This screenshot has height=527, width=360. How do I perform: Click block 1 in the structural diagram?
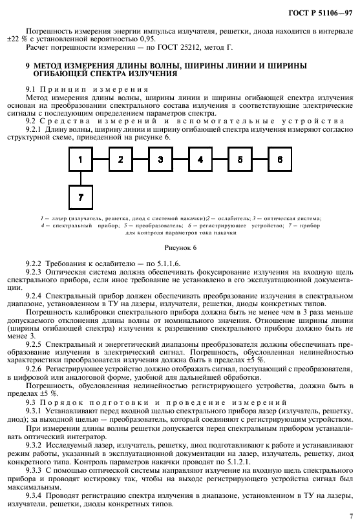pyautogui.click(x=81, y=159)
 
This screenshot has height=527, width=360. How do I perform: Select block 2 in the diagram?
pyautogui.click(x=120, y=159)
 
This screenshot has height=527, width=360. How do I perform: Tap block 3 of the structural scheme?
pyautogui.click(x=160, y=159)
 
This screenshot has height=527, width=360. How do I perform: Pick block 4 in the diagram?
pyautogui.click(x=200, y=159)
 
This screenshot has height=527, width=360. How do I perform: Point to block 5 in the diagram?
pyautogui.click(x=240, y=159)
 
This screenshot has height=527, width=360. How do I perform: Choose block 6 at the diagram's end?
pyautogui.click(x=280, y=159)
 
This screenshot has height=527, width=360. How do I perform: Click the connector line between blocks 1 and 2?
pyautogui.click(x=100, y=159)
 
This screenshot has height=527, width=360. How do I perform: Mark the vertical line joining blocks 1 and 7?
pyautogui.click(x=81, y=178)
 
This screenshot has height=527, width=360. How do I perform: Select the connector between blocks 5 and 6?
pyautogui.click(x=260, y=159)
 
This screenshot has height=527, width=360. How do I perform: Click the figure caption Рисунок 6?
pyautogui.click(x=179, y=247)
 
